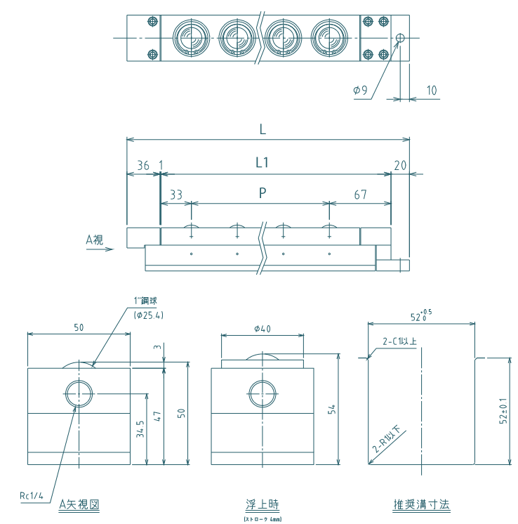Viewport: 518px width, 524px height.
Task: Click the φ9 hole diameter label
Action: (x=359, y=90)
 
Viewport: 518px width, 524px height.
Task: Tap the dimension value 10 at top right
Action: (x=431, y=90)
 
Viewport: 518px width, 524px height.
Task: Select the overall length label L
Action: (x=262, y=129)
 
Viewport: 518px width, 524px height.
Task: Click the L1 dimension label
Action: (x=262, y=163)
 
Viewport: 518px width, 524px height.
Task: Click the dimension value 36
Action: (x=143, y=166)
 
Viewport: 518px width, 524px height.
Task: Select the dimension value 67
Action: (x=360, y=195)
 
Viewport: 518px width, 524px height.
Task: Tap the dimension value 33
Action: (x=176, y=195)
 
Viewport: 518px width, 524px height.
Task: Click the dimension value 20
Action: (x=401, y=166)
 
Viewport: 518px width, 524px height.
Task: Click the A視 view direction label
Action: (x=94, y=239)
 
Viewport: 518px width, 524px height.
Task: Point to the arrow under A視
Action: (x=99, y=249)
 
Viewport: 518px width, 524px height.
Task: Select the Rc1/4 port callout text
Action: (x=32, y=495)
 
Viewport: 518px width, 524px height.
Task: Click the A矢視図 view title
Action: (x=79, y=504)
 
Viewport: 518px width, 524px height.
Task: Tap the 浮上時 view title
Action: (x=263, y=504)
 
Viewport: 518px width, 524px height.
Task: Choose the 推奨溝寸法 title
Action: (x=421, y=504)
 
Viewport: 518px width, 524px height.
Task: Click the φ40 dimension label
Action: (x=262, y=328)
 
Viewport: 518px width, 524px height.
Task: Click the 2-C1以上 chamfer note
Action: (x=399, y=341)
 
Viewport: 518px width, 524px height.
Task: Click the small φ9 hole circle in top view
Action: (x=400, y=38)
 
